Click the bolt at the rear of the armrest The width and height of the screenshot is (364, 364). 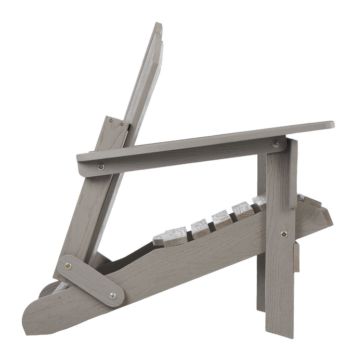(101, 167)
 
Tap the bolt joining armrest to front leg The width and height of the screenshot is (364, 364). (276, 144)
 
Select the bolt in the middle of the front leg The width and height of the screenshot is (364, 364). (283, 234)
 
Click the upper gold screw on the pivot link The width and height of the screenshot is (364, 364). (68, 266)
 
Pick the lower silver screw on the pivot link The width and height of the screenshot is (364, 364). (112, 295)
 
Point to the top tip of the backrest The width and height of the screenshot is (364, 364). (158, 26)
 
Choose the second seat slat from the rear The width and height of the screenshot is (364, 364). (200, 227)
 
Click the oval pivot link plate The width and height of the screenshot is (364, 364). (90, 280)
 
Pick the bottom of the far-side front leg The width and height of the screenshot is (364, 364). (261, 304)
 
